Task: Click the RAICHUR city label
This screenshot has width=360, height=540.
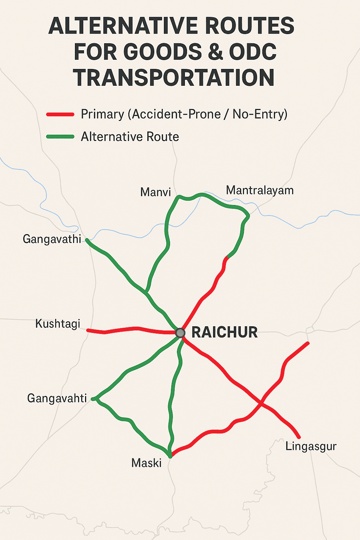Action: click(225, 332)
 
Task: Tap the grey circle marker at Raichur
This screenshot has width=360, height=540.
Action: click(180, 333)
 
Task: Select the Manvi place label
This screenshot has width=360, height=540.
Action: click(155, 192)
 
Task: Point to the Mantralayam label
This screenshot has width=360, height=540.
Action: click(259, 190)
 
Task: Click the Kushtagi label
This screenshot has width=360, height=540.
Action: click(58, 323)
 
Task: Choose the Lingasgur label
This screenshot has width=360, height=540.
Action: click(311, 446)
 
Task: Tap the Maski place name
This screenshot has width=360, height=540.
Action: click(146, 463)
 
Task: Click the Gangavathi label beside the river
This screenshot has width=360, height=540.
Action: click(52, 239)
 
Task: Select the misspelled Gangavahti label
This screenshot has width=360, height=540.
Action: click(57, 398)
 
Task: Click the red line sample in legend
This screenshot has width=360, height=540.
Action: click(60, 114)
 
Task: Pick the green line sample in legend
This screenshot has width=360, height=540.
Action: click(60, 137)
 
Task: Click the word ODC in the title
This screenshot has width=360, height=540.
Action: click(252, 52)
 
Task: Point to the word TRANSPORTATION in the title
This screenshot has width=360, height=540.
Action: click(174, 78)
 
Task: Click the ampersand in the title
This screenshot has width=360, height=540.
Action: click(215, 52)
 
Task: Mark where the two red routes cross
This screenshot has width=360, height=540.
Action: click(261, 403)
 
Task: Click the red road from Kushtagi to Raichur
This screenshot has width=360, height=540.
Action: click(134, 329)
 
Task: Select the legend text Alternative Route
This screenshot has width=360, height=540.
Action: click(130, 137)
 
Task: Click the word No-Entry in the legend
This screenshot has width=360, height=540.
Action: click(260, 114)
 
